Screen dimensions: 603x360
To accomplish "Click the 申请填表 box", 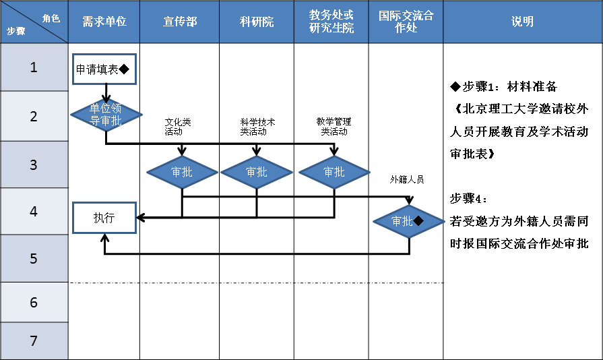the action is click(x=104, y=69).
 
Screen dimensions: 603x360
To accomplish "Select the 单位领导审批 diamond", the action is click(x=106, y=115).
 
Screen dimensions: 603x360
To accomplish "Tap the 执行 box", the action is click(x=104, y=218).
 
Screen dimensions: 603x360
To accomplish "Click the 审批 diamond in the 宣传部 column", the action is click(x=182, y=172).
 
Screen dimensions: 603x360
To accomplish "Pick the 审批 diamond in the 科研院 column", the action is click(x=257, y=172).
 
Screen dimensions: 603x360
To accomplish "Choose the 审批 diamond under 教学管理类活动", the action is click(x=334, y=172).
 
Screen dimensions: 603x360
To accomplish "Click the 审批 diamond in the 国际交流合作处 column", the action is click(x=409, y=221).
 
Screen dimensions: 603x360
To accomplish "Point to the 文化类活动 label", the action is click(x=178, y=127).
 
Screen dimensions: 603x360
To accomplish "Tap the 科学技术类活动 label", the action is click(x=257, y=127).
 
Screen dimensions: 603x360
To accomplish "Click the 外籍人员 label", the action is click(x=407, y=179).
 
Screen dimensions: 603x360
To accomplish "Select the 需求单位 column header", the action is click(x=104, y=22).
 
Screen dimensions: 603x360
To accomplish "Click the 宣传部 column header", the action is click(x=180, y=22).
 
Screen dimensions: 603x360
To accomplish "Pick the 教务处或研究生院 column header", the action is click(x=331, y=22).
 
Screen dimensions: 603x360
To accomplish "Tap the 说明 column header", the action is click(x=522, y=22).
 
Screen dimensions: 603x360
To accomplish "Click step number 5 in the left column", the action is click(x=34, y=258).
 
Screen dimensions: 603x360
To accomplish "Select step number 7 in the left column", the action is click(x=34, y=340).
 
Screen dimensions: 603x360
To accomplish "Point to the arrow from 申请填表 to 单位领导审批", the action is click(x=106, y=94).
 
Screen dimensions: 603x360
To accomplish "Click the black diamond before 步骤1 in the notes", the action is click(x=455, y=87).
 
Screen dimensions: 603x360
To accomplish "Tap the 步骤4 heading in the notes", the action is click(x=468, y=199).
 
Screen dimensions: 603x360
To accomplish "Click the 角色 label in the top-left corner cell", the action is click(x=51, y=18).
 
